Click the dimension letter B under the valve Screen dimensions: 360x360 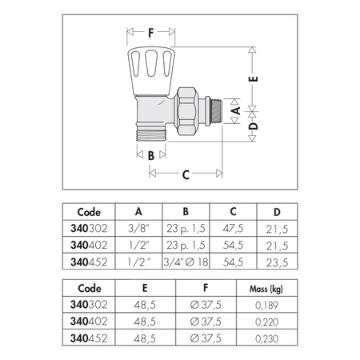151,155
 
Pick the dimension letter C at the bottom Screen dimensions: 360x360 186,174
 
